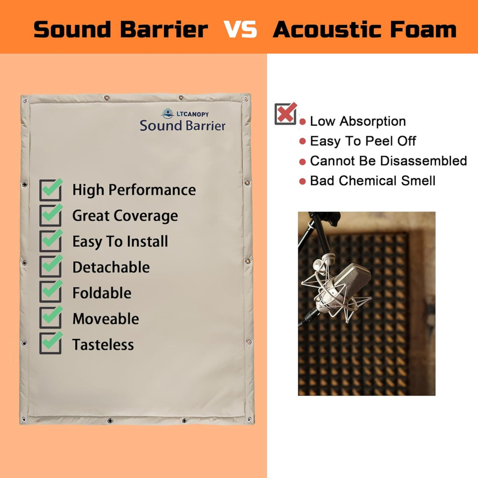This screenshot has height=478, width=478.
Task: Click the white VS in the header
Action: coord(240,29)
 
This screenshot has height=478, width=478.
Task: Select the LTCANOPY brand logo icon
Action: coord(168,114)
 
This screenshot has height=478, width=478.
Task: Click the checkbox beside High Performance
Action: coord(51,190)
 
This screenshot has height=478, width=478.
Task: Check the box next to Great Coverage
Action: coord(51,215)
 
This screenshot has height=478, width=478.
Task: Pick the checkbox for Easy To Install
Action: coord(51,241)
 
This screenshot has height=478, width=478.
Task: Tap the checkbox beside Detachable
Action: coord(51,267)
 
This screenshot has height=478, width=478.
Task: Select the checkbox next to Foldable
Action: coord(51,292)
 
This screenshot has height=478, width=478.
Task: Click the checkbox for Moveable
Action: coord(51,317)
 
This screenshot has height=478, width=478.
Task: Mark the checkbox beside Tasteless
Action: coord(51,343)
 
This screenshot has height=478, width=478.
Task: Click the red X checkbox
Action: coord(286,114)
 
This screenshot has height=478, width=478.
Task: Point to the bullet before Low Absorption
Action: coord(302,122)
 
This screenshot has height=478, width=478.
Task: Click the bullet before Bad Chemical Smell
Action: coord(302,182)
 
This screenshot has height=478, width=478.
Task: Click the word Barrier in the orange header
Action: coord(164,29)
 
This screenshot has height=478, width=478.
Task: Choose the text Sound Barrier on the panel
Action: coord(183,126)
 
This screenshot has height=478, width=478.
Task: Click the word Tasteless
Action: coord(103,345)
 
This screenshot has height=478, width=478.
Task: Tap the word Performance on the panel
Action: coord(153,190)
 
